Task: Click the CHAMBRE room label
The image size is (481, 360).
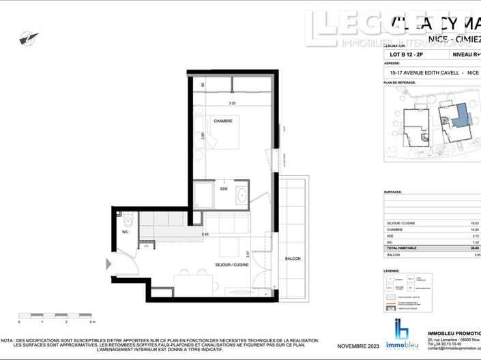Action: click(222, 121)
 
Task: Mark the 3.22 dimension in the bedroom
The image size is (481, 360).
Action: click(231, 103)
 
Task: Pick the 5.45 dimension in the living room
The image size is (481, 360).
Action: click(205, 235)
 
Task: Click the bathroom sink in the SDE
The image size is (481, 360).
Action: click(242, 196)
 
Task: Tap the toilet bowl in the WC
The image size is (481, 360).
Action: click(128, 223)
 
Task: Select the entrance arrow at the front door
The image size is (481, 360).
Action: click(108, 264)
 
